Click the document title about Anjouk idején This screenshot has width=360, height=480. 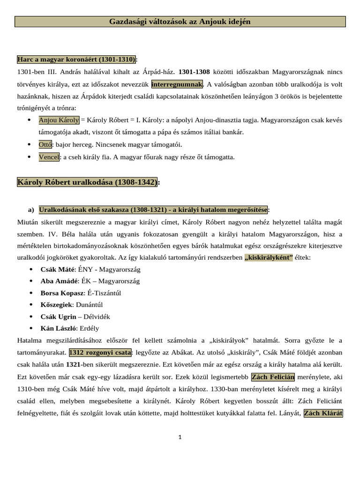180,22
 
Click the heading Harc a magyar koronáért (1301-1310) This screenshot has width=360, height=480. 76,60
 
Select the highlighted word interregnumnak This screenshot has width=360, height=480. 177,84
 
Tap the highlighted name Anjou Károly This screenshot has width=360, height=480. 59,120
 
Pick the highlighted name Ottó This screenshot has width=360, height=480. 45,144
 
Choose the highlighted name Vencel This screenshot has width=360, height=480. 49,157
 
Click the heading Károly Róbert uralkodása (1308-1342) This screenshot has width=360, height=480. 87,182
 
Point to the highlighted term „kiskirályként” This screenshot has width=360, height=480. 269,257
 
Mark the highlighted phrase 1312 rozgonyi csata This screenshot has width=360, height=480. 100,352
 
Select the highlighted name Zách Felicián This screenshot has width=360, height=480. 273,377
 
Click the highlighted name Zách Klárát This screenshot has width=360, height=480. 323,413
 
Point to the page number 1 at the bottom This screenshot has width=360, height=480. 180,437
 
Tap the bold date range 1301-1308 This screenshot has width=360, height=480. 194,72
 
